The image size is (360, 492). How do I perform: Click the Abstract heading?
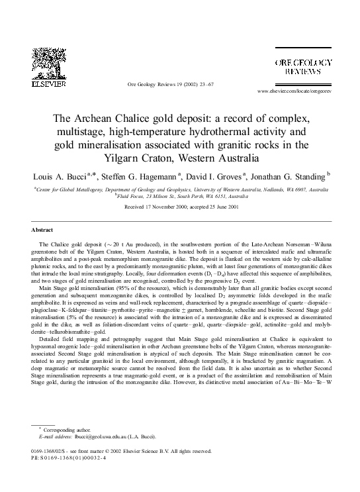click(x=42, y=230)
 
